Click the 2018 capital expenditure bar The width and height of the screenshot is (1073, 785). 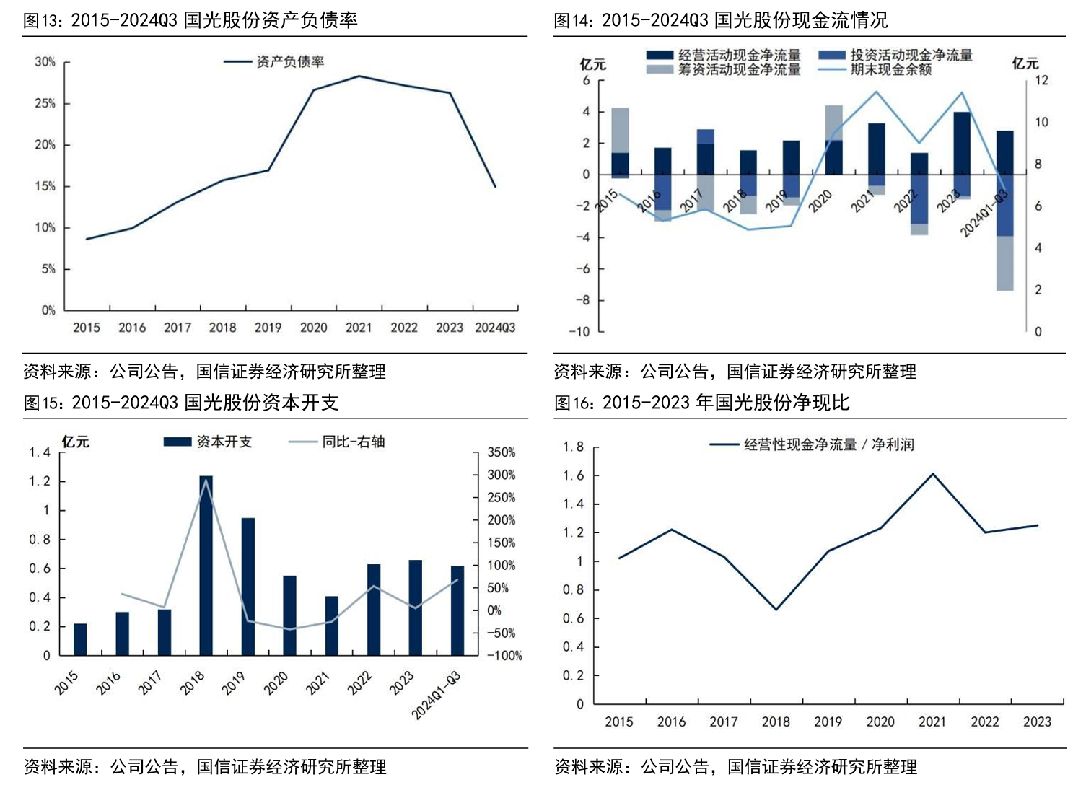pos(206,566)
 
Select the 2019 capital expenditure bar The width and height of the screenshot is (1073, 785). pos(248,587)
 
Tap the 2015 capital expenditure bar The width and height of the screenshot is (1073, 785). pos(80,639)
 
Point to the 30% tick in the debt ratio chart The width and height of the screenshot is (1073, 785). pos(45,62)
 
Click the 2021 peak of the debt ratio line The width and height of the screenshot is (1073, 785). pos(359,76)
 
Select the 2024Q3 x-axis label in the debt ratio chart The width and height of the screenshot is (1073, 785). pos(495,328)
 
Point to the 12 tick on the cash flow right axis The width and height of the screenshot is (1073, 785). pos(1041,80)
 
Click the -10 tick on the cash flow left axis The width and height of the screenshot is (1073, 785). pos(579,331)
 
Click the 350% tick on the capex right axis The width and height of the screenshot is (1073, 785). pos(501,452)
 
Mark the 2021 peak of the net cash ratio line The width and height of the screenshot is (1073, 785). pos(932,474)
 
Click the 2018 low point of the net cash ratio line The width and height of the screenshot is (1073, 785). pos(776,610)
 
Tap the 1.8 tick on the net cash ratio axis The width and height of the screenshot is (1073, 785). pos(574,447)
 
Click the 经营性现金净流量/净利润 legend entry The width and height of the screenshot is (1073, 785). pos(828,444)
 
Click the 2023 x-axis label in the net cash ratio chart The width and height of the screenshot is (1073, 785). pos(1037,722)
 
